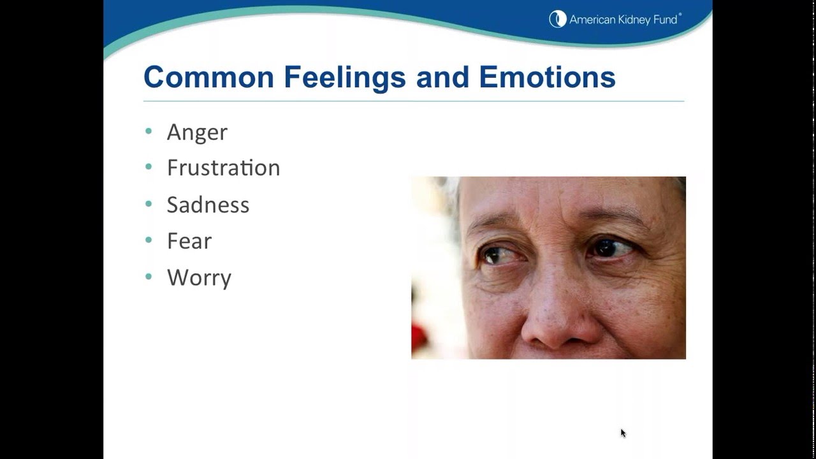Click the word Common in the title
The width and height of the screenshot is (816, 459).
208,77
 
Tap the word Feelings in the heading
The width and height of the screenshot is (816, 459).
344,77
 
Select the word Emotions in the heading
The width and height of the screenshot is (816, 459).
547,77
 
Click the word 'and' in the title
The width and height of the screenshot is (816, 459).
442,77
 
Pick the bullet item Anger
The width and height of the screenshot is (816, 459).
197,132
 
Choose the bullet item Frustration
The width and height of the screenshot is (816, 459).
223,168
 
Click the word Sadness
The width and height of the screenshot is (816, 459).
208,205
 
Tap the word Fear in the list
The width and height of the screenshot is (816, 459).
189,241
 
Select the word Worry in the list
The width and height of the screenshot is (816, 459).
199,278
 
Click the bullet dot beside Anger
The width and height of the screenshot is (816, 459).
149,131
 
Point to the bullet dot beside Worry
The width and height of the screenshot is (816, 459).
149,277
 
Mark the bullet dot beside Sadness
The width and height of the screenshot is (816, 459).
149,204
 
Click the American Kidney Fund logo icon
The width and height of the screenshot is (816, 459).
558,19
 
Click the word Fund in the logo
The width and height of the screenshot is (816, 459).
665,20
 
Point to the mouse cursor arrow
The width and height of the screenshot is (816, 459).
623,433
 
